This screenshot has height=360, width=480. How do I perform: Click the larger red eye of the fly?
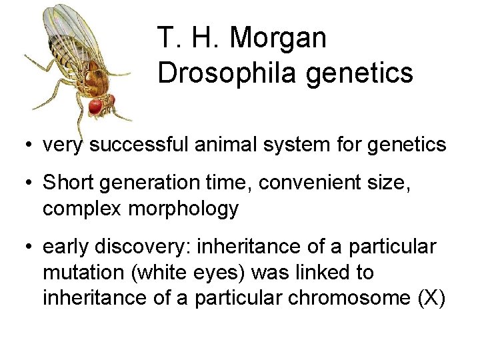point(95,106)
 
